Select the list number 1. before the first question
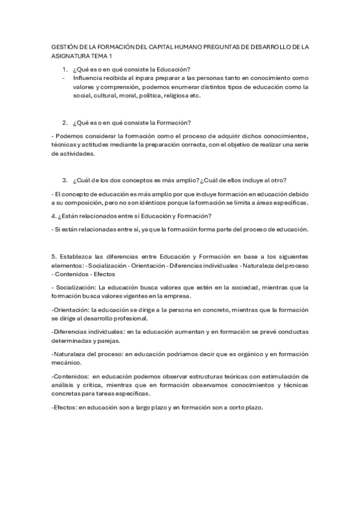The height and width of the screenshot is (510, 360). click(65, 69)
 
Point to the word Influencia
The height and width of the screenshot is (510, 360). click(89, 78)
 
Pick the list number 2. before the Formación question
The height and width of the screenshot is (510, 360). click(65, 123)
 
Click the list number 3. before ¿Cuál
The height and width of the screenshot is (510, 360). click(65, 180)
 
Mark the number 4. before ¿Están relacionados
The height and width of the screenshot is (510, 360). click(54, 215)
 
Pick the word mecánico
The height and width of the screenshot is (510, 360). click(71, 363)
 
